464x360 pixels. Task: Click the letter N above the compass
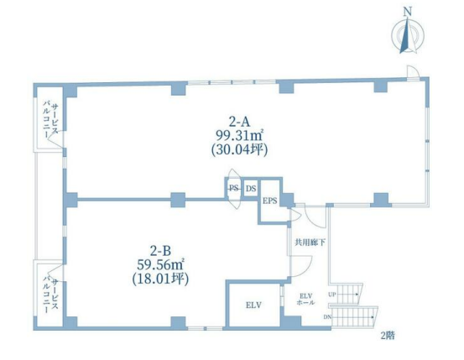[x=408, y=12]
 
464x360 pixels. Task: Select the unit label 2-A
[x=240, y=121]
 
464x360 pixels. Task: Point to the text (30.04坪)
[x=240, y=149]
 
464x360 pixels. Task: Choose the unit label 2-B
[x=160, y=251]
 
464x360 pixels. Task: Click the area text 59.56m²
[x=160, y=265]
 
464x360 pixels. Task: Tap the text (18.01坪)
[x=160, y=279]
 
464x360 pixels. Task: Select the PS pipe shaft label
[x=234, y=188]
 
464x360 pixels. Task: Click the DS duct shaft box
[x=251, y=188]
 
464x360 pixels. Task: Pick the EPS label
[x=270, y=201]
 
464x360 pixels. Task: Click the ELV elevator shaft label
[x=253, y=305]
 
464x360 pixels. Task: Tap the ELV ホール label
[x=305, y=300]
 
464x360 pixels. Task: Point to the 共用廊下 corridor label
[x=310, y=243]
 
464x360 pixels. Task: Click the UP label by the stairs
[x=331, y=295]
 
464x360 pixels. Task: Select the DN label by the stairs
[x=327, y=317]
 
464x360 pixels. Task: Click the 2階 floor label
[x=388, y=336]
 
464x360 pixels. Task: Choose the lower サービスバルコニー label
[x=51, y=296]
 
